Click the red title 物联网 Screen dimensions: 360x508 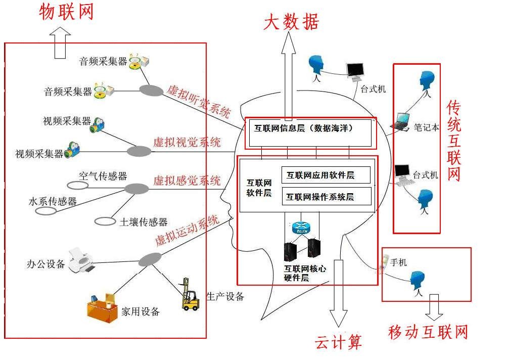pyautogui.click(x=66, y=12)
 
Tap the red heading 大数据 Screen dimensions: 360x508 pyautogui.click(x=291, y=22)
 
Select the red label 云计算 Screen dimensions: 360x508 pyautogui.click(x=338, y=342)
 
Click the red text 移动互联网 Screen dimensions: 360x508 pyautogui.click(x=428, y=332)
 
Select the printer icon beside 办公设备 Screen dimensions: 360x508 pyautogui.click(x=81, y=259)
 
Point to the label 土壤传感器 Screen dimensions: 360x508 pyautogui.click(x=143, y=222)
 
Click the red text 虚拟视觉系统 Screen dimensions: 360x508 pyautogui.click(x=187, y=142)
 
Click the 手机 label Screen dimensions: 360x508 pyautogui.click(x=398, y=262)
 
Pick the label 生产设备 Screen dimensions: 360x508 pyautogui.click(x=225, y=296)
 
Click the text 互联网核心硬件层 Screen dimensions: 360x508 pyautogui.click(x=305, y=274)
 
